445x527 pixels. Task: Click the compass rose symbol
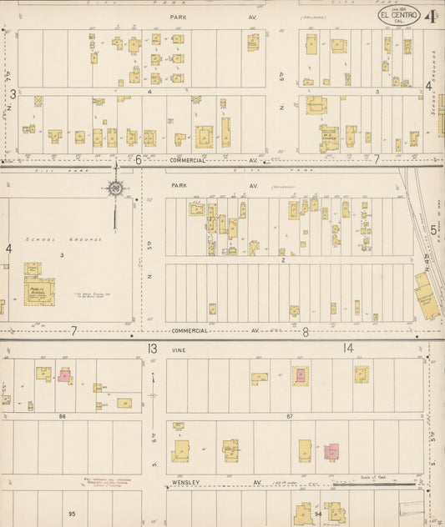point(115,188)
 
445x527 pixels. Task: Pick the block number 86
point(62,414)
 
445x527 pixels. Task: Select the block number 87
point(289,414)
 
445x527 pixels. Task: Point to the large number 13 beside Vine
point(152,348)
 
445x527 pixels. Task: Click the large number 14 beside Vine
point(347,348)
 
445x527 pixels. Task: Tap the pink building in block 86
point(64,375)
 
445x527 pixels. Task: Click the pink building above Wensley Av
point(331,451)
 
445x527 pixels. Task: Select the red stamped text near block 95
point(111,483)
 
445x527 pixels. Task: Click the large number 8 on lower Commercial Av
point(306,332)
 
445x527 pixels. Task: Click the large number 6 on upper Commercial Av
point(139,158)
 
